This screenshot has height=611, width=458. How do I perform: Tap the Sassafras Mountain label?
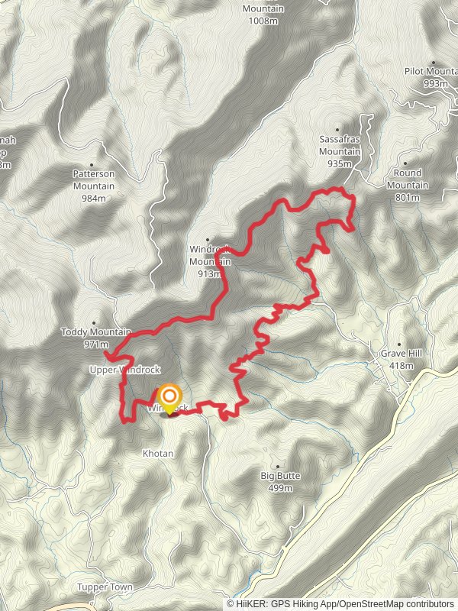click(340, 146)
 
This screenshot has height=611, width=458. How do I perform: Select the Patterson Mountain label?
click(93, 179)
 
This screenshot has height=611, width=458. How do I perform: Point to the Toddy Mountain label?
click(95, 332)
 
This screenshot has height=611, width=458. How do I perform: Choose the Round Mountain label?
click(407, 179)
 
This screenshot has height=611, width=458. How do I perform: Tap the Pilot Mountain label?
click(432, 72)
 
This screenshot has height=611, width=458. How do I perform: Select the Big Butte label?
click(280, 475)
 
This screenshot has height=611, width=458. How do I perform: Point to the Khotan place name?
click(158, 453)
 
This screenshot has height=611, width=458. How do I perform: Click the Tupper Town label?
click(105, 587)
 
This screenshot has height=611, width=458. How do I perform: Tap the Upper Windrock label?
click(125, 370)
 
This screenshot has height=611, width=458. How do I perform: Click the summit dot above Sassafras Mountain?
click(337, 129)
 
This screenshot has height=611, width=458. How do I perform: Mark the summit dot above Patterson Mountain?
click(92, 163)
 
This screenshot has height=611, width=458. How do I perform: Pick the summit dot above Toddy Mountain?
click(94, 322)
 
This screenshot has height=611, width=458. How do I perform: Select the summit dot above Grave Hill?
click(401, 344)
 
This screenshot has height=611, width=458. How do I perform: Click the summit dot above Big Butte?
click(279, 465)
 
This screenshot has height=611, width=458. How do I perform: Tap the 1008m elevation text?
click(262, 20)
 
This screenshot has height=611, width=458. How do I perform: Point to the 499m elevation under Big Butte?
click(280, 487)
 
